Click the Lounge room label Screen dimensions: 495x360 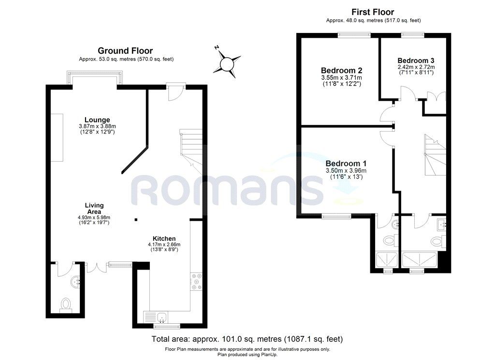point(97,120)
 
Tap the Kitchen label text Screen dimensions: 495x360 point(164,239)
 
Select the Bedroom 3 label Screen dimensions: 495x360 point(416,60)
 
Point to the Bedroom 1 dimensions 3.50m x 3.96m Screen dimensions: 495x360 point(346,171)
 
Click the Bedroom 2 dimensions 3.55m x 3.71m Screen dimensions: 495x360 point(342,77)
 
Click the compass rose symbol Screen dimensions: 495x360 point(226,64)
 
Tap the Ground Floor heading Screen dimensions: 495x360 point(125,51)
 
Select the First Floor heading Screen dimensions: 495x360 point(373,12)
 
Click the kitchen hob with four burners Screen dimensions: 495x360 point(196,281)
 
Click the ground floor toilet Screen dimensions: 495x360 point(66,305)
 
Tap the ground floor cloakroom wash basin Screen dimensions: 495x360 point(76,281)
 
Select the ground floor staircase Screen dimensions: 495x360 point(190,151)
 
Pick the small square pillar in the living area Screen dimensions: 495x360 point(136,219)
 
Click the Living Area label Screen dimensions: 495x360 point(94,209)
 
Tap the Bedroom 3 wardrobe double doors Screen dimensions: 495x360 point(436,96)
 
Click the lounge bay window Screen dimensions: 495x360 point(95,78)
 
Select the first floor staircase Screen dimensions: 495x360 point(435,154)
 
